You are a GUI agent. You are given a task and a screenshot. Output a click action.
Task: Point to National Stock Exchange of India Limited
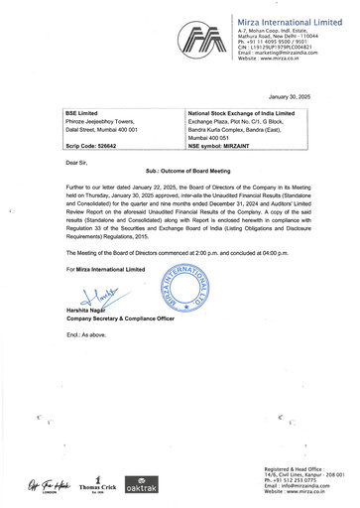click(241, 113)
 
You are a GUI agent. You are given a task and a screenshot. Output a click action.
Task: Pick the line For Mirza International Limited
click(105, 269)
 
